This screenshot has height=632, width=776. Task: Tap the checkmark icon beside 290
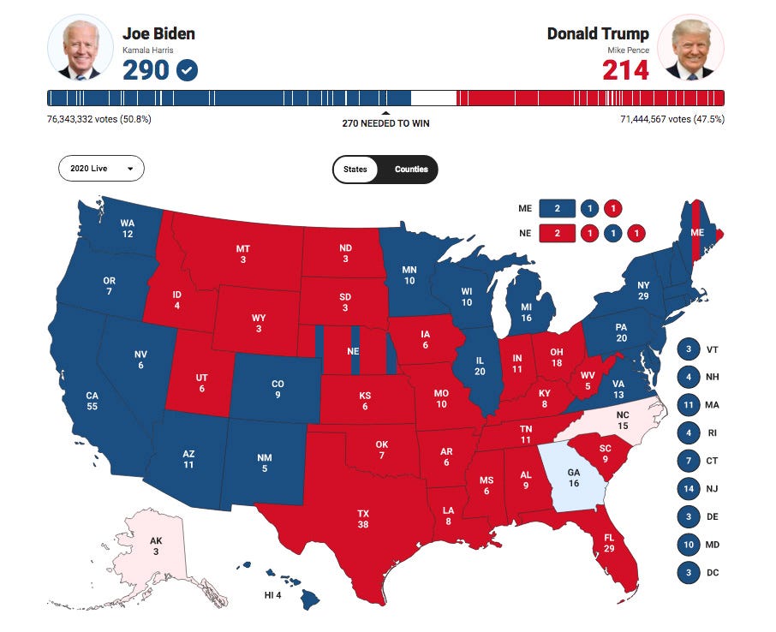point(187,70)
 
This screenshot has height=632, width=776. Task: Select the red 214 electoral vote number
point(625,69)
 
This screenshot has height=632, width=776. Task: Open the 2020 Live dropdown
point(101,169)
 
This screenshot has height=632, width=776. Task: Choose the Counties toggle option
point(411,169)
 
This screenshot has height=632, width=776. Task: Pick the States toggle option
point(355,169)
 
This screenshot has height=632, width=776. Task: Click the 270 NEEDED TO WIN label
point(385,123)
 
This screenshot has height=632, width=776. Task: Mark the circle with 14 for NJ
point(689,489)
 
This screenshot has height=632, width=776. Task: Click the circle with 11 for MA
point(689,406)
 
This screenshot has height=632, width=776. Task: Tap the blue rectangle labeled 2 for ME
point(558,208)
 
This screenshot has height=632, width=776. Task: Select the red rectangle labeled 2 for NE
point(558,233)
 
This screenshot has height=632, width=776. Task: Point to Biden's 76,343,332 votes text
point(99,119)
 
